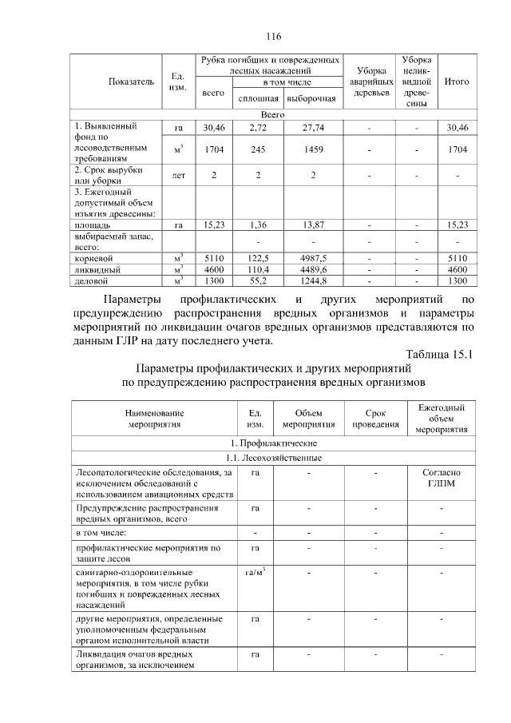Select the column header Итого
click(x=457, y=81)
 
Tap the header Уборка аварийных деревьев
click(x=370, y=81)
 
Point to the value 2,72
click(x=258, y=128)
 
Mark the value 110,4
click(x=258, y=270)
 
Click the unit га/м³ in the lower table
click(x=255, y=573)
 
